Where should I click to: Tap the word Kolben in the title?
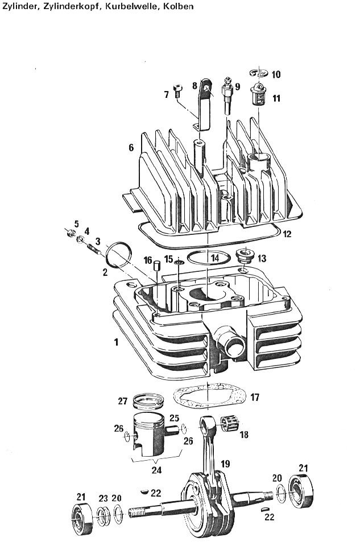[x=180, y=6]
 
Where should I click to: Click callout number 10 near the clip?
[x=276, y=75]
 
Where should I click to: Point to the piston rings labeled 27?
[x=148, y=400]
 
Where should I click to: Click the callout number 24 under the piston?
[x=156, y=470]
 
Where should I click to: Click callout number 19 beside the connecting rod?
[x=225, y=464]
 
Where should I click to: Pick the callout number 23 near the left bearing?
[x=104, y=498]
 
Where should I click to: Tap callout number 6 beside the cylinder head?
[x=131, y=148]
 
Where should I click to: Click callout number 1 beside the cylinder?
[x=116, y=342]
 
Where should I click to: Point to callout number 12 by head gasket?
[x=287, y=234]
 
